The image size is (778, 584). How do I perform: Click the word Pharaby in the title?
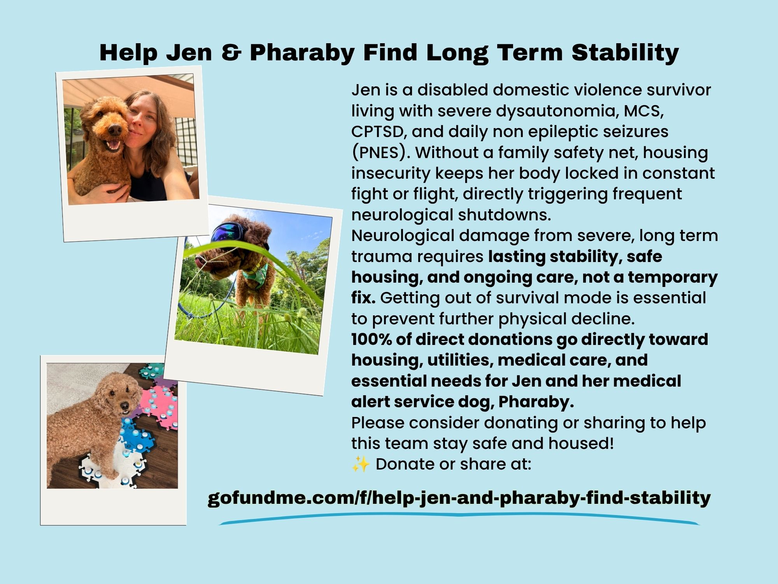302,53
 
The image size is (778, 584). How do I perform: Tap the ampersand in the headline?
231,52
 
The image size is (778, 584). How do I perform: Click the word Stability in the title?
625,53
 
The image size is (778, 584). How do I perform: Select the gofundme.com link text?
459,498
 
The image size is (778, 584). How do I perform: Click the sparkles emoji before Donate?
361,464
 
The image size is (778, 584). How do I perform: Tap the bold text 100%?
371,339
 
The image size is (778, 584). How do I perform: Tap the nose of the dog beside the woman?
114,129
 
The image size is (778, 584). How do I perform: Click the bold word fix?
363,298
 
